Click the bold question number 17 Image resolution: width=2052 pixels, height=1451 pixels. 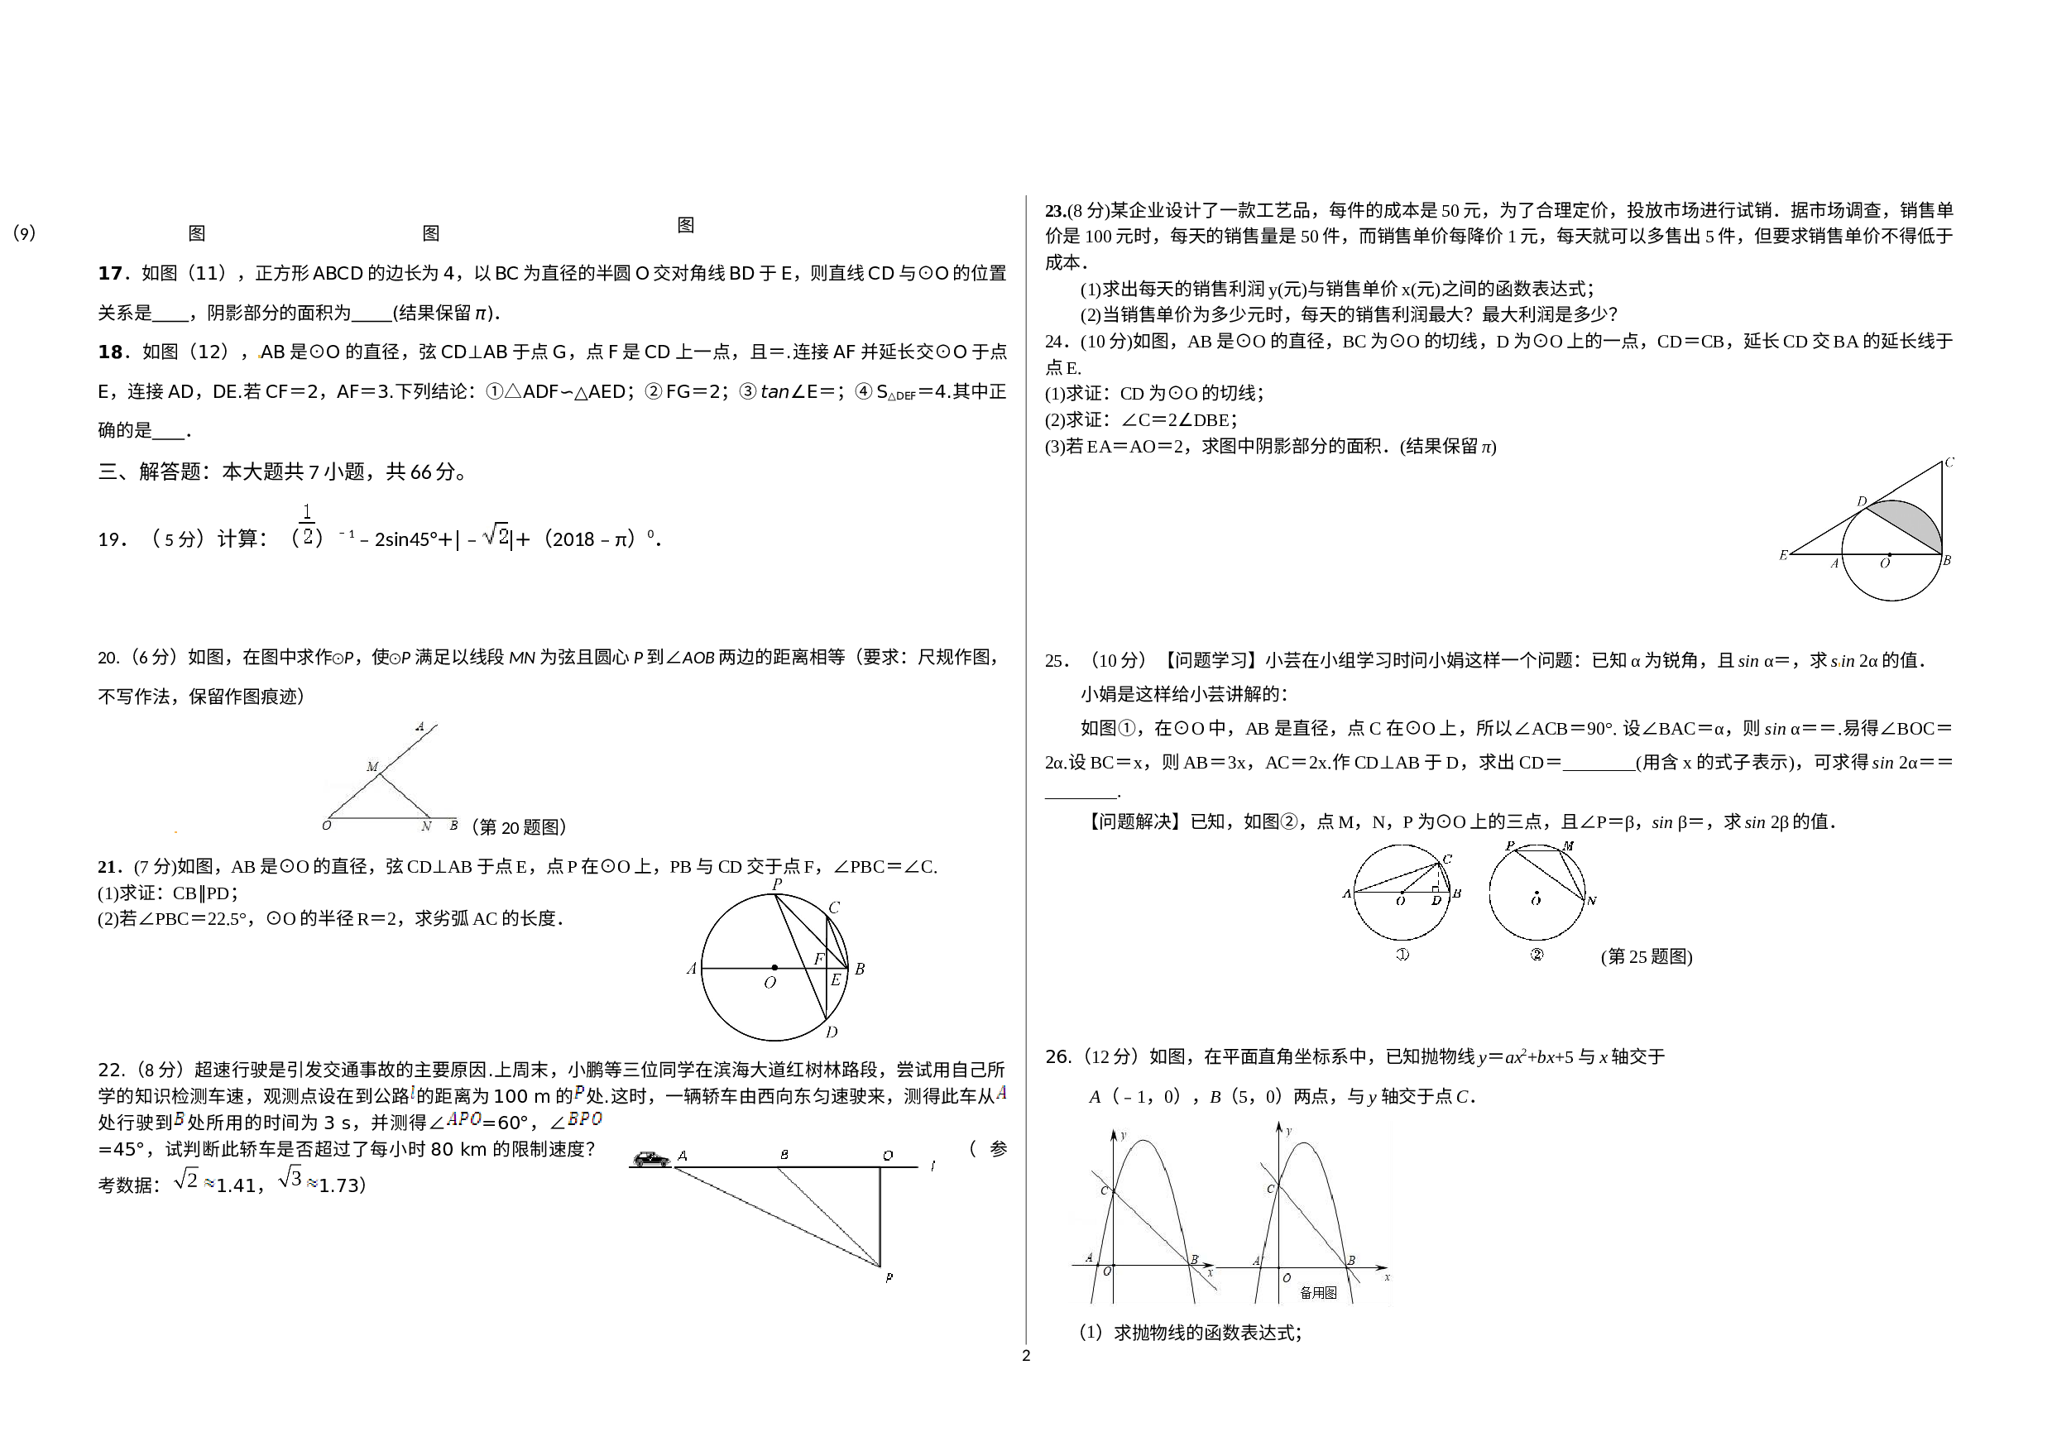click(110, 272)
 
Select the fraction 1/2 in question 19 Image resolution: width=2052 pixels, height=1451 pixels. click(308, 524)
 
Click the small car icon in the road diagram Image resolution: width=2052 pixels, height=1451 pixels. click(651, 1159)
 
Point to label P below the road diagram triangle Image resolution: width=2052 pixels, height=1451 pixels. click(889, 1277)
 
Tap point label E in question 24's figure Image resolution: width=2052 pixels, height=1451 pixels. click(1783, 555)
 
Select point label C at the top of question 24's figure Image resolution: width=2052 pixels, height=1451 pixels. click(1949, 462)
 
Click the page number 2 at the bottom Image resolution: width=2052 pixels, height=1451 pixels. click(1026, 1355)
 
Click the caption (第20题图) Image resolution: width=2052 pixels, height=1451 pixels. click(520, 826)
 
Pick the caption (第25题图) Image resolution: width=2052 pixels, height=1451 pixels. click(1647, 957)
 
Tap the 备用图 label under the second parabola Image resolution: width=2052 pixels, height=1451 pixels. click(1318, 1293)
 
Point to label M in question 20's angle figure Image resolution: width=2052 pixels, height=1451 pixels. click(372, 767)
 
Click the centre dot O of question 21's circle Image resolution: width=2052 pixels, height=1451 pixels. click(774, 968)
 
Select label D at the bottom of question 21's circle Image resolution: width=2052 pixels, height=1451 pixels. click(832, 1032)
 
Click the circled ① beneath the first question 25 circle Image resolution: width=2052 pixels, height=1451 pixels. click(1402, 954)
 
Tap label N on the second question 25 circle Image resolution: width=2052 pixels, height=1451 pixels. click(1592, 901)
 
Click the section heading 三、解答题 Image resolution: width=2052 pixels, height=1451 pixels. click(149, 471)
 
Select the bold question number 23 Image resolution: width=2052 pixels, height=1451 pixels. click(1055, 211)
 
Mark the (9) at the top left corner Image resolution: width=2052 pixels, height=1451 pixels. click(24, 233)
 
